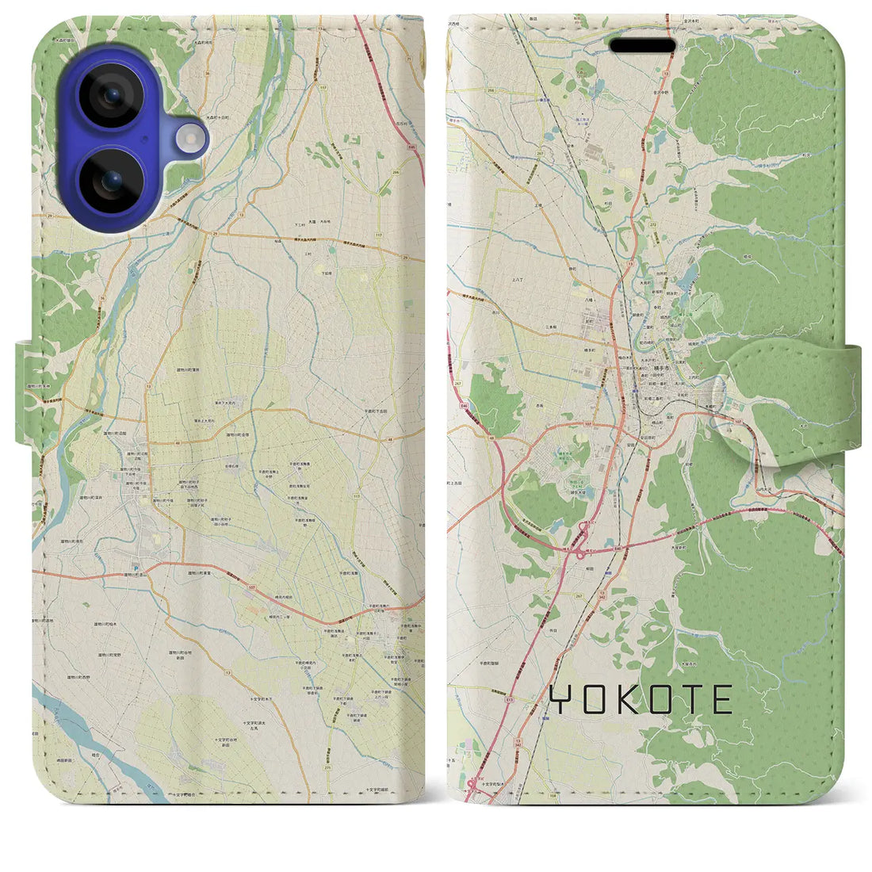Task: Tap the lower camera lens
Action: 113,181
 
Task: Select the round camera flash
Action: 190,140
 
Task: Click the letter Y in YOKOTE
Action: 560,700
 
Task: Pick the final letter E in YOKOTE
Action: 722,700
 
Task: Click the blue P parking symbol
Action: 135,568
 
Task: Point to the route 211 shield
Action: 349,768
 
